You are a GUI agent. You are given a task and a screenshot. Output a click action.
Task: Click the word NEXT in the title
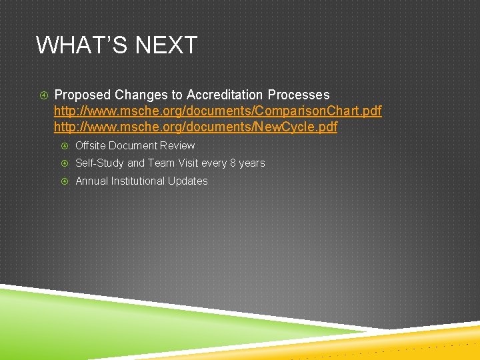coord(167,45)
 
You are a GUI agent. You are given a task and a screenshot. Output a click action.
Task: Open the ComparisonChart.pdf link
coord(217,111)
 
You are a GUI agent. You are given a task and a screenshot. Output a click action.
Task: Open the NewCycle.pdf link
coord(195,127)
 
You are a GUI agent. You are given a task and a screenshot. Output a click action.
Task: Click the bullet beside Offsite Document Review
coord(64,146)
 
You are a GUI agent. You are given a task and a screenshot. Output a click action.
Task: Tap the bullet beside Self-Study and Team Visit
coord(64,163)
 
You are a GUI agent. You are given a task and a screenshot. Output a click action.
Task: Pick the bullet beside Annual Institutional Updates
coord(64,181)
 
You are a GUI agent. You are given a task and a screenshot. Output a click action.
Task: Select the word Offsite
coord(91,145)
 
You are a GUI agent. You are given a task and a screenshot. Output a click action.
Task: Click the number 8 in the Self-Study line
coord(233,163)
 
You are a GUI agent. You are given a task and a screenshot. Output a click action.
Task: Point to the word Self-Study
coord(100,163)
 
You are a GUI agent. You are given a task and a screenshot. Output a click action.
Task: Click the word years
coord(252,163)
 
